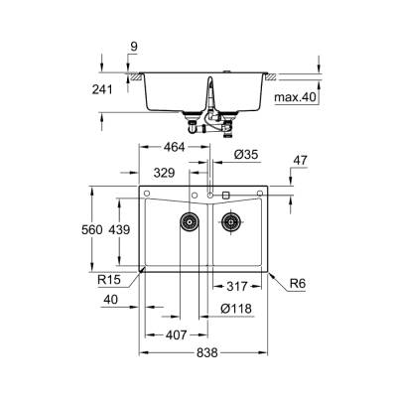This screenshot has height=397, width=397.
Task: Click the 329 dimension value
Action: point(165,173)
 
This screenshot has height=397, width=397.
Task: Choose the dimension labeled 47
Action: point(301,158)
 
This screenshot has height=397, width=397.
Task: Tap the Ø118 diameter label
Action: point(236,309)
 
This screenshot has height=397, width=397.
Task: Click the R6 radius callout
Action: point(297,286)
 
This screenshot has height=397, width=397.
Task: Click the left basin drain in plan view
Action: point(187,220)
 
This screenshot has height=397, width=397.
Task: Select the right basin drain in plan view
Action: point(231,220)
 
